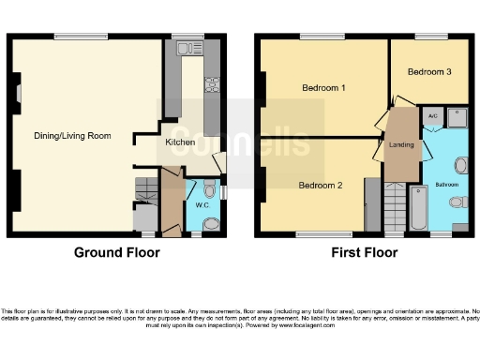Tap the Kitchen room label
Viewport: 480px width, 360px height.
pyautogui.click(x=180, y=142)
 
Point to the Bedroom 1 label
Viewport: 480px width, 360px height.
pyautogui.click(x=323, y=88)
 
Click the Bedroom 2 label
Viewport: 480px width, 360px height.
pyautogui.click(x=320, y=186)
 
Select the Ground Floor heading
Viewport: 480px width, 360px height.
pyautogui.click(x=117, y=252)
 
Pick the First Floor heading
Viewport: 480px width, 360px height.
pyautogui.click(x=361, y=252)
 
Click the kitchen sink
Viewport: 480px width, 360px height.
pyautogui.click(x=184, y=58)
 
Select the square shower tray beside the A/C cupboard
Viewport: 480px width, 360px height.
pyautogui.click(x=457, y=116)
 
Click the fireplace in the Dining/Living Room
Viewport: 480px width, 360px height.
pyautogui.click(x=19, y=94)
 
